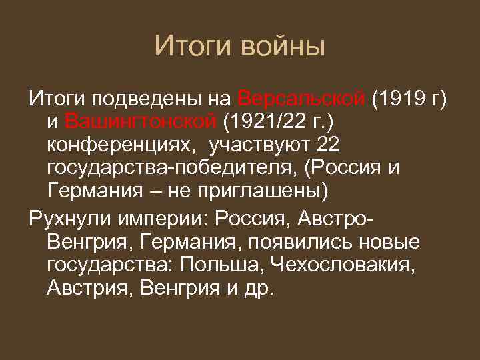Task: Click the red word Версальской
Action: point(301,99)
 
